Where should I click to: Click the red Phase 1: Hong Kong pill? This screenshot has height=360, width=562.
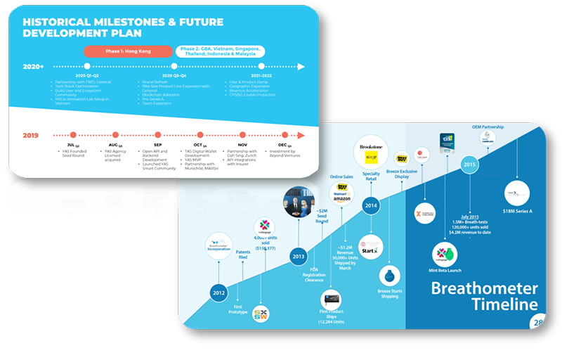[127, 51]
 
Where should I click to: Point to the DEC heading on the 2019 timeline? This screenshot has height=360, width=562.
[284, 144]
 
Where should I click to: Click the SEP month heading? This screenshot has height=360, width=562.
[157, 144]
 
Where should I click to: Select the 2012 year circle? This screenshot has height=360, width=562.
[218, 293]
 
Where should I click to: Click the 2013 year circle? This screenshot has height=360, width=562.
[298, 258]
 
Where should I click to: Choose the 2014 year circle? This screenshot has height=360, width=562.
[372, 205]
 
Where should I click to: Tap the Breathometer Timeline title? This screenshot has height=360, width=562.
[484, 296]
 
